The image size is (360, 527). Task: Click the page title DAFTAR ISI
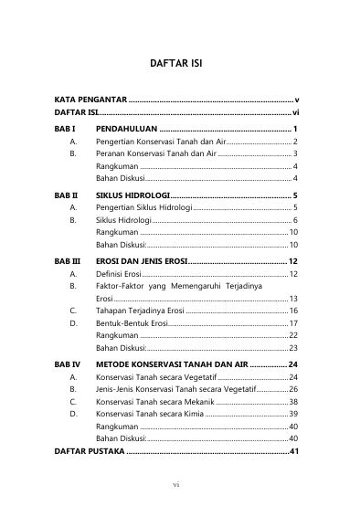180,66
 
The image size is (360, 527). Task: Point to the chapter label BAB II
67,195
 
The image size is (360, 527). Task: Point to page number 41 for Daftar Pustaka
293,451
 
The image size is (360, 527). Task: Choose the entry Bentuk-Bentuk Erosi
132,323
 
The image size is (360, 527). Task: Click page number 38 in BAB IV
293,401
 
